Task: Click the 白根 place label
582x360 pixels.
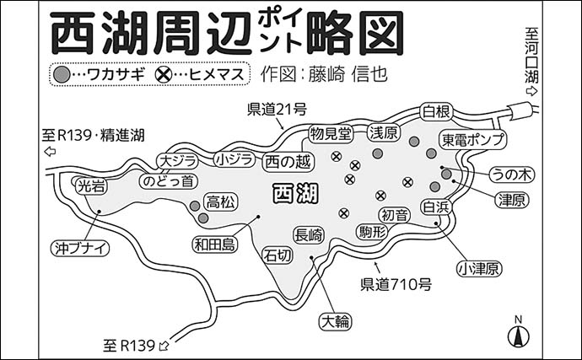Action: coord(439,111)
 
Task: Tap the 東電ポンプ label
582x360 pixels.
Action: coord(473,137)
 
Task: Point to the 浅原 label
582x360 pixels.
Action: coord(385,132)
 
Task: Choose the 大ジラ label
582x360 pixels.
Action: coord(179,160)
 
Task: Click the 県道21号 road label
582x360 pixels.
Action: coord(277,109)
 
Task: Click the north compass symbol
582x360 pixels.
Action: coord(519,332)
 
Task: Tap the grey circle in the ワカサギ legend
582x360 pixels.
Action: coord(62,74)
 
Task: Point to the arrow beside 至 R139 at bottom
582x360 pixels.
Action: coord(164,344)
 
